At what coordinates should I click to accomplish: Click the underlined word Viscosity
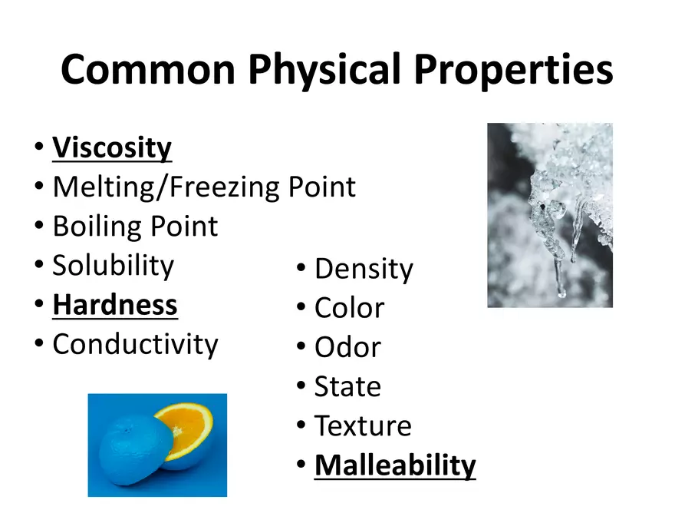point(112,147)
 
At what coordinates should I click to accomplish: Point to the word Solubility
point(113,266)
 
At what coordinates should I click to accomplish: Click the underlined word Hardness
point(115,305)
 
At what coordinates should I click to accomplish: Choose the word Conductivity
point(135,344)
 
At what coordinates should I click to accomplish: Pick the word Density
point(364,270)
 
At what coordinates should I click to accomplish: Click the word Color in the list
point(349,308)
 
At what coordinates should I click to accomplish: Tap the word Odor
point(347,347)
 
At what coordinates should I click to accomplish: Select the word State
point(347,386)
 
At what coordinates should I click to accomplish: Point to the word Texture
point(363,425)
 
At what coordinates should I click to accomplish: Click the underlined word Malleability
point(395,465)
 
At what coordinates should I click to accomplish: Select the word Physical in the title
point(324,69)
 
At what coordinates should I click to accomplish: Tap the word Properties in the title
point(514,69)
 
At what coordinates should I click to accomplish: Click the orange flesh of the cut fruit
point(188,430)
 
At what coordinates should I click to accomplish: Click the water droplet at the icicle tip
point(561,291)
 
